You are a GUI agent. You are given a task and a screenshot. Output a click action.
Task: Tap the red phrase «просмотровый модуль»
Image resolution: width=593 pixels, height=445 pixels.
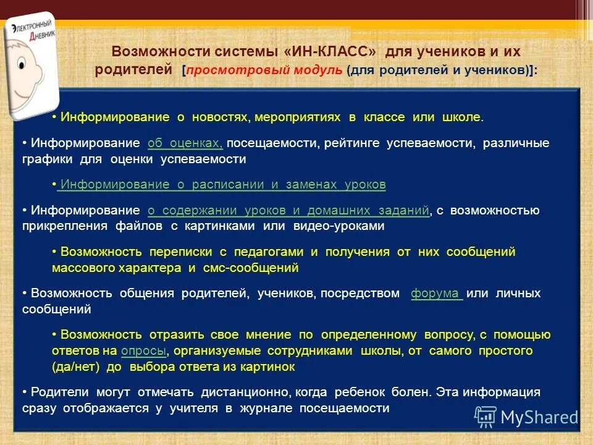264,70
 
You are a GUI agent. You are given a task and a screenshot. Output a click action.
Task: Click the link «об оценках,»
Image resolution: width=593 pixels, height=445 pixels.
185,143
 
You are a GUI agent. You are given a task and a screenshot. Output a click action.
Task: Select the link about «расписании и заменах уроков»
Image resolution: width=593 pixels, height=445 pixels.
223,184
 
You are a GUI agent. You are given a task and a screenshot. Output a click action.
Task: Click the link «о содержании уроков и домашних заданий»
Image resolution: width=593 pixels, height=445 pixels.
288,211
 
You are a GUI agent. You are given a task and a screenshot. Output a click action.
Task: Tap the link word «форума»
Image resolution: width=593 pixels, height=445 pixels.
437,294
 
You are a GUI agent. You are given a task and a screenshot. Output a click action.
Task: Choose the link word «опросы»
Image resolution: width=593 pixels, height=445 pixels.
143,351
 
